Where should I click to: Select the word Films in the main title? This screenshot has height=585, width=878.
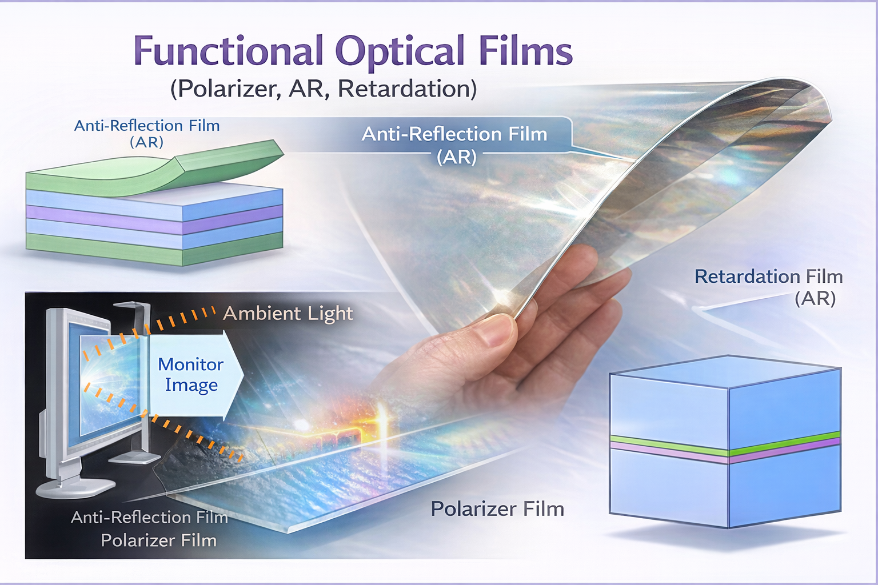point(525,51)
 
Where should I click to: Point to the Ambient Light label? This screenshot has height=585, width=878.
point(288,314)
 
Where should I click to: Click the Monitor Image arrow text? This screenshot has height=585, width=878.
point(191,375)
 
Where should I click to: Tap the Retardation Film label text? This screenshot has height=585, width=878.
point(768,277)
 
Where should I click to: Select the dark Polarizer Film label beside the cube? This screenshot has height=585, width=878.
point(497,509)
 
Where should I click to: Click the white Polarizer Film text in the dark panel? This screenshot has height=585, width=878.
point(159,540)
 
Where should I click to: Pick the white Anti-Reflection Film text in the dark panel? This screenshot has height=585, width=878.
point(149,518)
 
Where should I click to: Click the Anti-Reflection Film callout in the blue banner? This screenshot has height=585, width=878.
point(455,135)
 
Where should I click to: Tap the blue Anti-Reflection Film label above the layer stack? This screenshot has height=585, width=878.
point(147,126)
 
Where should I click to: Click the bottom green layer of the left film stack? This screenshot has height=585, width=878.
point(154,251)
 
